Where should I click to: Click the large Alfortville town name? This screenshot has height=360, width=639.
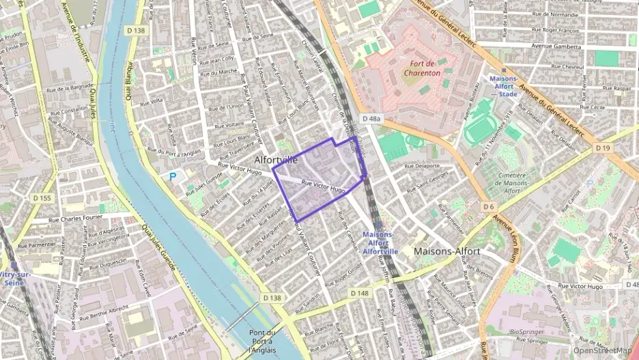click(x=276, y=159)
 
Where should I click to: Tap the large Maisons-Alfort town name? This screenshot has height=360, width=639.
click(x=447, y=251)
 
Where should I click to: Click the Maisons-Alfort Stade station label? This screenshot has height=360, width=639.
click(x=503, y=86)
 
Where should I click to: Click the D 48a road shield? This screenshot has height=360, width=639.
click(x=371, y=119)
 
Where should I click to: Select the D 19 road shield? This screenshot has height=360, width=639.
click(x=602, y=148)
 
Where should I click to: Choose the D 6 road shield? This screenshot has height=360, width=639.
click(x=487, y=206)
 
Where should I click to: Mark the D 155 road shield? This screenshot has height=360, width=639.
click(x=42, y=198)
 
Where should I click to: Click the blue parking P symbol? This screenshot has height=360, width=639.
click(x=173, y=177)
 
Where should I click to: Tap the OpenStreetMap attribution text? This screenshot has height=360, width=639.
click(x=602, y=351)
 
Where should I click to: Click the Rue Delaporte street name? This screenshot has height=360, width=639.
click(x=423, y=166)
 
